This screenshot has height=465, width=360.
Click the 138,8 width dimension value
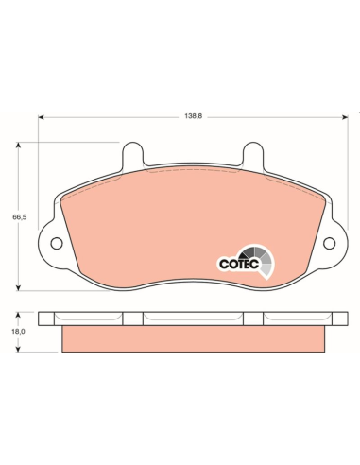point(193,116)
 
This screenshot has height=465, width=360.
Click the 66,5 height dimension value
point(20,217)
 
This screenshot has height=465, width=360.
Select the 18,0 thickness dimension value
point(19,332)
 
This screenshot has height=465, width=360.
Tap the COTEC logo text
point(239,264)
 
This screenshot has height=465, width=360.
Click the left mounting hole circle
point(57,244)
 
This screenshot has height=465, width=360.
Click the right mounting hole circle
point(330,243)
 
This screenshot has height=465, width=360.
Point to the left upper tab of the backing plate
point(132,155)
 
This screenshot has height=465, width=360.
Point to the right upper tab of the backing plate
point(253,155)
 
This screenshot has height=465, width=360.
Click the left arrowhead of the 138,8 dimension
point(41,117)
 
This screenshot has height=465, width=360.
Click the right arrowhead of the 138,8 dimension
point(345,117)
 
